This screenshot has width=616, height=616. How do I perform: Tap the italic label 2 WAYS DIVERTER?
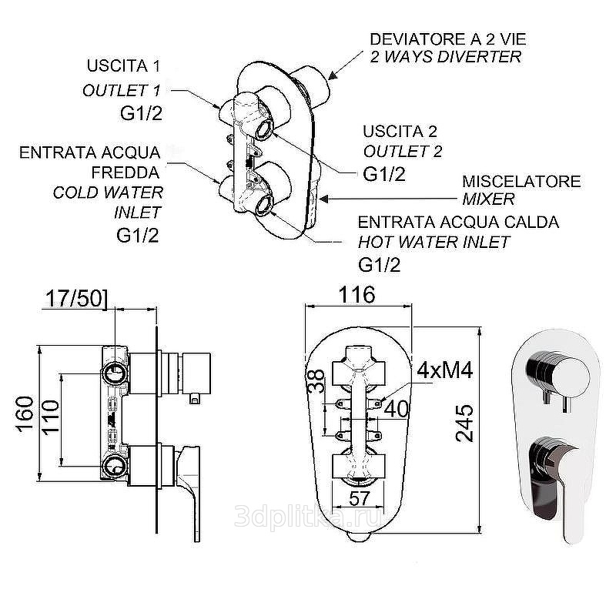(x=446, y=57)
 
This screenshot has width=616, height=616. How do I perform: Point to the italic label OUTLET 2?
(x=403, y=151)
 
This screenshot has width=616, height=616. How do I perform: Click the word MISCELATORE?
(x=521, y=182)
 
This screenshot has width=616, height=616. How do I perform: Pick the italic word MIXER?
(x=488, y=199)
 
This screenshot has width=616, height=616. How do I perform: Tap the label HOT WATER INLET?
(x=434, y=242)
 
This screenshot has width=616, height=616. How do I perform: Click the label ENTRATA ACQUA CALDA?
(x=458, y=223)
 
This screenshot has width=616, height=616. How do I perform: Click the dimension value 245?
(x=464, y=422)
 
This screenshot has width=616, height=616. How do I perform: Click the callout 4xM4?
(x=444, y=370)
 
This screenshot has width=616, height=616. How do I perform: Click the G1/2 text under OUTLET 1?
(x=140, y=114)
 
